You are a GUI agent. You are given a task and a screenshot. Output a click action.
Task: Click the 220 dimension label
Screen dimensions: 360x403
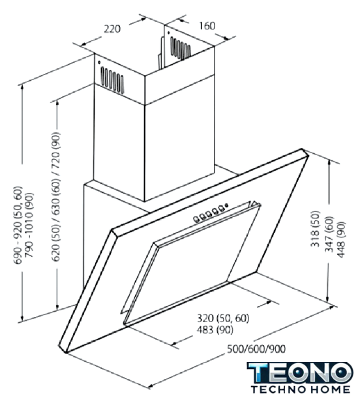pyautogui.click(x=112, y=29)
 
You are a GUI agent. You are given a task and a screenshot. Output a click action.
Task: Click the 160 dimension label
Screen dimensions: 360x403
pyautogui.click(x=207, y=25)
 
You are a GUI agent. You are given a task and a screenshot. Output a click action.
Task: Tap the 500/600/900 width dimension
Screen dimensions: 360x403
pyautogui.click(x=256, y=349)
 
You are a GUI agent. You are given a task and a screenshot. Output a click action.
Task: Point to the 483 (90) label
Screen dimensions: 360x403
pyautogui.click(x=215, y=329)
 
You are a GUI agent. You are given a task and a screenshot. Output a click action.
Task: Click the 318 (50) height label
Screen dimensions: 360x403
pyautogui.click(x=315, y=229)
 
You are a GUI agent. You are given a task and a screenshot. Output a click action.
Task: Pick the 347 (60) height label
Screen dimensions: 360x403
pyautogui.click(x=329, y=234)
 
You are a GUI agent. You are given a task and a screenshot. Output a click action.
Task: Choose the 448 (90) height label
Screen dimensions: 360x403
pyautogui.click(x=341, y=239)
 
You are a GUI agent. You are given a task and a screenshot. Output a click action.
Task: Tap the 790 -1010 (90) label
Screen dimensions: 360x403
pyautogui.click(x=29, y=225)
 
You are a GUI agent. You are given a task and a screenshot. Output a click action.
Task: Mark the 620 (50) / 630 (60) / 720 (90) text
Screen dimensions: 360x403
pyautogui.click(x=56, y=197)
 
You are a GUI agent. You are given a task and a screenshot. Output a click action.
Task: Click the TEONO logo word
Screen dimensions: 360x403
pyautogui.click(x=300, y=372)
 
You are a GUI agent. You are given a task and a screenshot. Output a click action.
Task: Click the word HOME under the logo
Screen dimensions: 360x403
pyautogui.click(x=330, y=389)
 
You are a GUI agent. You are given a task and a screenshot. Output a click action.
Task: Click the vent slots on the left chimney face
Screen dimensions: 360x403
pyautogui.click(x=112, y=79)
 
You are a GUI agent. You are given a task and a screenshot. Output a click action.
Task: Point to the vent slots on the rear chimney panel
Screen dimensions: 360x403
pyautogui.click(x=181, y=48)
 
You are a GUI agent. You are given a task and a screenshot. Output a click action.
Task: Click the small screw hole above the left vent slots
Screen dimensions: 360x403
pyautogui.click(x=99, y=63)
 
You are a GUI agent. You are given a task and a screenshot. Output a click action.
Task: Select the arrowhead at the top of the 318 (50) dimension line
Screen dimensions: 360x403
pyautogui.click(x=329, y=162)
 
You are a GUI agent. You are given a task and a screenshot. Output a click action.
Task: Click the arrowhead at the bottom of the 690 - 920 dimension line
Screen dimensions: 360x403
pyautogui.click(x=22, y=319)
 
